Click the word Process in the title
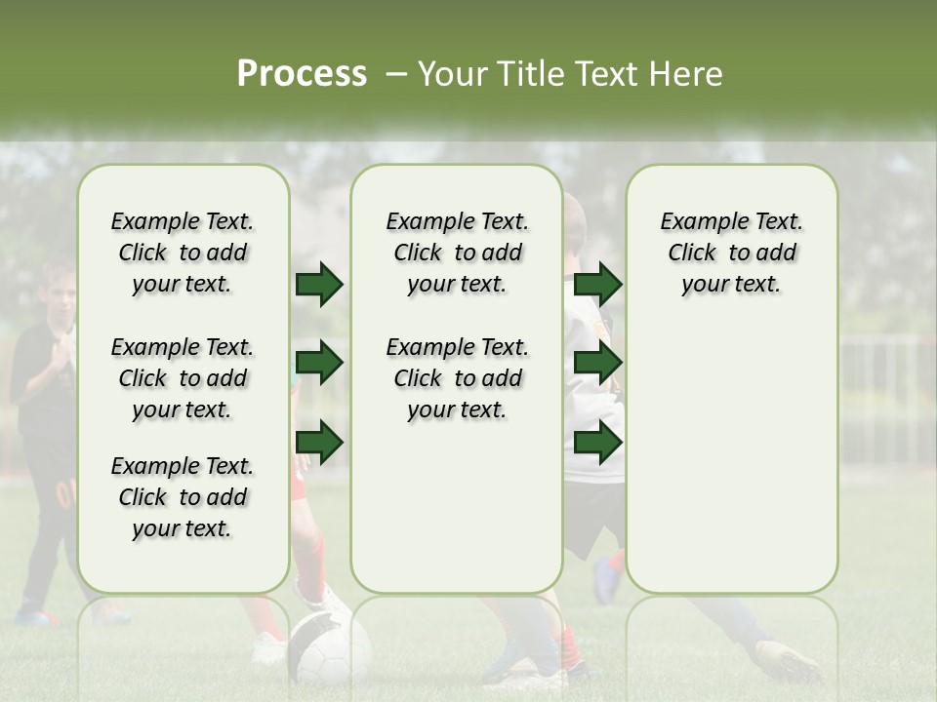click(302, 74)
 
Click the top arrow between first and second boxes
click(319, 285)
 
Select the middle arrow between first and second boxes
click(319, 364)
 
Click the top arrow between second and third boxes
click(598, 285)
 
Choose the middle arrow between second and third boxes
click(598, 364)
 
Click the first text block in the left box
click(183, 253)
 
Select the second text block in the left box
click(183, 378)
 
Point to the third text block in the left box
click(183, 497)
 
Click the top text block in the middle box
click(457, 253)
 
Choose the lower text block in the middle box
click(457, 378)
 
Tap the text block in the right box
click(731, 253)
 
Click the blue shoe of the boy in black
click(35, 616)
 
